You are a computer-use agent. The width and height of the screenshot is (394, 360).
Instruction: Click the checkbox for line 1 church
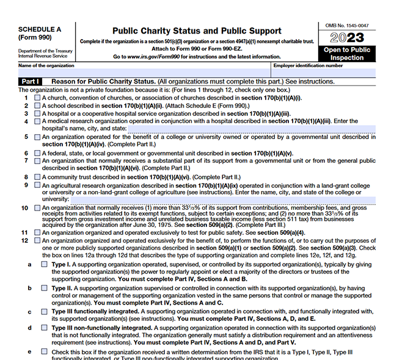37,98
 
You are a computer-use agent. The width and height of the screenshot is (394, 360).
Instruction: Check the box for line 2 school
37,106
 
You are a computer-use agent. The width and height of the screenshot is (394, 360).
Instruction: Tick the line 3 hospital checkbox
37,113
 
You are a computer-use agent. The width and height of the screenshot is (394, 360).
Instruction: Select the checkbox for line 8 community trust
37,177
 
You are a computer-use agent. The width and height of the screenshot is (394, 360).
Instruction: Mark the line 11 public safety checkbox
37,232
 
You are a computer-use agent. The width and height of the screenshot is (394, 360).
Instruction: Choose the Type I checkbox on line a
44,264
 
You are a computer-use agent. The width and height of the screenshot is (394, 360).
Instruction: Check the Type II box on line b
44,287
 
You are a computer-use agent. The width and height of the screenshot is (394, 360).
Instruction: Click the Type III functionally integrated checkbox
44,311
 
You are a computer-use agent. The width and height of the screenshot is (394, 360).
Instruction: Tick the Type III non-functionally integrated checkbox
44,328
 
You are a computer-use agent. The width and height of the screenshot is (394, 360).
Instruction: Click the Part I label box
31,81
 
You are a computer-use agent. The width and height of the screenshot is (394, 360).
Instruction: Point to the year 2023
346,38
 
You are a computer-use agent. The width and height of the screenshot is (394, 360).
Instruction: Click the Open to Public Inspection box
346,54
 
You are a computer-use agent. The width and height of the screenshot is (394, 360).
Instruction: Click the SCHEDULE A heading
40,29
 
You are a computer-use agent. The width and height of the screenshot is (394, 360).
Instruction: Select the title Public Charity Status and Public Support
197,31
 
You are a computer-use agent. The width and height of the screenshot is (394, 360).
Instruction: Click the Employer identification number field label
308,65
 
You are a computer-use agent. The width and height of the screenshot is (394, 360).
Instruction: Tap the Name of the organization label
46,65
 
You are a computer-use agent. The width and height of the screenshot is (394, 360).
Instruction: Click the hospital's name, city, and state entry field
250,129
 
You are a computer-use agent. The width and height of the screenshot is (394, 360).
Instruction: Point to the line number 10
24,208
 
